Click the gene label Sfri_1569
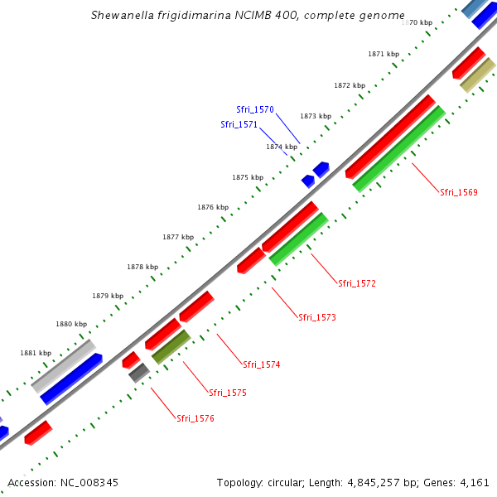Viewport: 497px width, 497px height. tap(458, 192)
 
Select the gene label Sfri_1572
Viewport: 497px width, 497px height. tap(357, 283)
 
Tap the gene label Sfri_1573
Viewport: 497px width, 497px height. tap(317, 317)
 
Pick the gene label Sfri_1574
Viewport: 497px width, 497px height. tap(261, 364)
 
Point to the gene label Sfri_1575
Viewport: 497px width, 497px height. tap(228, 393)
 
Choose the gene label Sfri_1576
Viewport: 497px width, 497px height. tap(195, 418)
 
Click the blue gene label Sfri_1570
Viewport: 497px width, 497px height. tap(255, 109)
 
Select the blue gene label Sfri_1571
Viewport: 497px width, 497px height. tap(239, 124)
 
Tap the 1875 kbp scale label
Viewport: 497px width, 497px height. tap(248, 177)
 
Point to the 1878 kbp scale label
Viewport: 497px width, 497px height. tap(142, 267)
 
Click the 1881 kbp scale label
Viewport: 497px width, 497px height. tap(36, 353)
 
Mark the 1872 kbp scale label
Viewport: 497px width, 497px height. tap(350, 85)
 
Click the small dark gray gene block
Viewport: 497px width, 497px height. tap(138, 373)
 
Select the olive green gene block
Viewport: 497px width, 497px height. tap(171, 346)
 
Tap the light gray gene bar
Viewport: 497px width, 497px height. tap(63, 365)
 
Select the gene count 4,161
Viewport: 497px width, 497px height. tap(474, 482)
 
